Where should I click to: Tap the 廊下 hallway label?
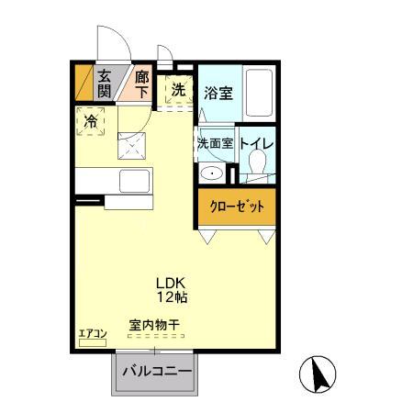pos(142,84)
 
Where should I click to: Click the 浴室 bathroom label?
pos(218,93)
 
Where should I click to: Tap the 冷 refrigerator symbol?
pos(91,120)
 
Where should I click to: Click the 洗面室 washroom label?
pos(214,144)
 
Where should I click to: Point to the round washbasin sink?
pos(213,173)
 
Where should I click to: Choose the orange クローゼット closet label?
pos(235,206)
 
